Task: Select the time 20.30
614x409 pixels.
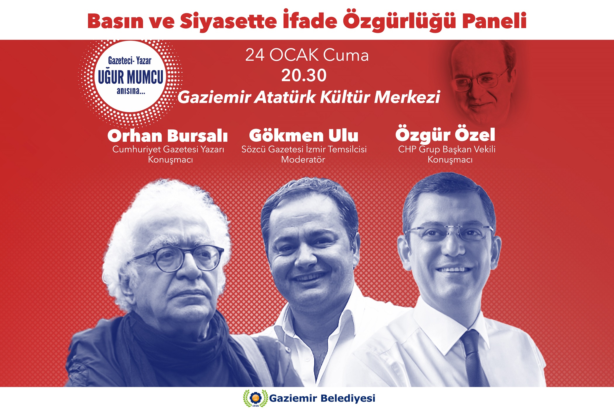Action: pyautogui.click(x=304, y=75)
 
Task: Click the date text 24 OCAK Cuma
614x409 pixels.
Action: pyautogui.click(x=307, y=55)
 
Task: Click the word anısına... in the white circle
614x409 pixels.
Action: pyautogui.click(x=131, y=91)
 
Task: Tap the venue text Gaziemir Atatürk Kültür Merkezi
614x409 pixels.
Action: pyautogui.click(x=309, y=97)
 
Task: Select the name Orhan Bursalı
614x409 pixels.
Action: pyautogui.click(x=168, y=136)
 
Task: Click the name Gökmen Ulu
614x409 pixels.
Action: pyautogui.click(x=303, y=135)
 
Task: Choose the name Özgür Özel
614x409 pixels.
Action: pyautogui.click(x=445, y=134)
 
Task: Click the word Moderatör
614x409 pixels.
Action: pyautogui.click(x=303, y=160)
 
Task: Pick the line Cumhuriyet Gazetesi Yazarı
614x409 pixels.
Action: pyautogui.click(x=168, y=149)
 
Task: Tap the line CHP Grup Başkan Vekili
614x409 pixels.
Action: pyautogui.click(x=447, y=149)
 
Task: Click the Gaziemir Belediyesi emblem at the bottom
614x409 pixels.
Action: pyautogui.click(x=256, y=398)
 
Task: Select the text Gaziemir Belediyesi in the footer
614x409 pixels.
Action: pyautogui.click(x=322, y=398)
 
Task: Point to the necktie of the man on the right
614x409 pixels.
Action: pyautogui.click(x=474, y=358)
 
